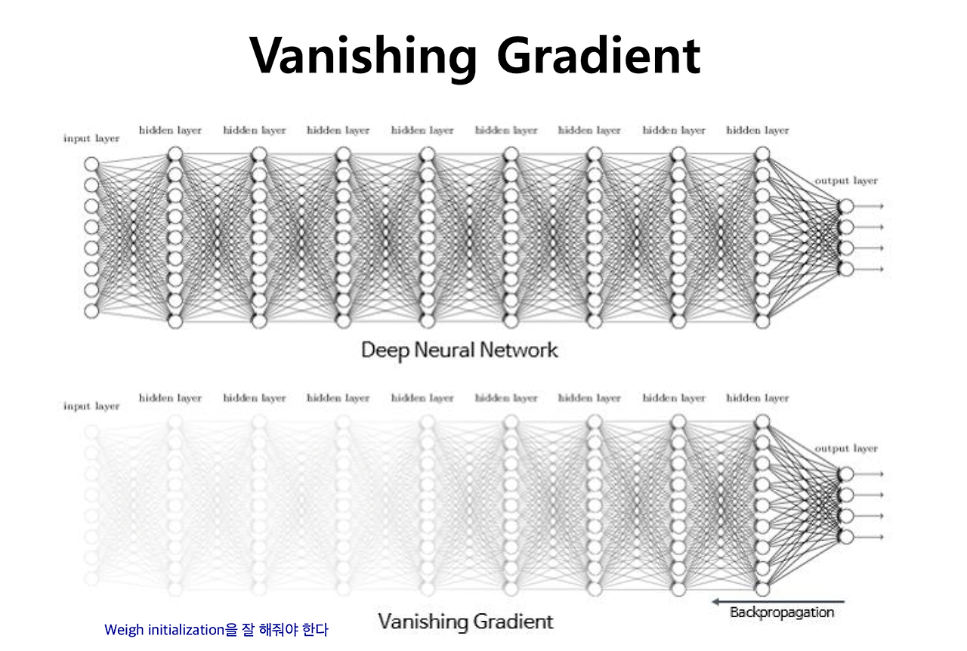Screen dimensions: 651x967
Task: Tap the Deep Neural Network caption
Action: [459, 350]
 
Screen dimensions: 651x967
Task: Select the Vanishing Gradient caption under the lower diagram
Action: [465, 622]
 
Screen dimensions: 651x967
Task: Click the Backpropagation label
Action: [782, 612]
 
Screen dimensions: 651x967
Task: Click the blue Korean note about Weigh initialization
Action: [216, 629]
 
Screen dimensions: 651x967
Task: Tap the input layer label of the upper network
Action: [92, 139]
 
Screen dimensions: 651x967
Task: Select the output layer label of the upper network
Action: [846, 181]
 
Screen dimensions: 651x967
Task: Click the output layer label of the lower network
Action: [846, 449]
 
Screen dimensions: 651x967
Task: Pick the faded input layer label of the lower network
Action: [92, 406]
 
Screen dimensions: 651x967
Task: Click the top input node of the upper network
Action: [92, 164]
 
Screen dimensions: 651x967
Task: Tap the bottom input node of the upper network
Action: [92, 311]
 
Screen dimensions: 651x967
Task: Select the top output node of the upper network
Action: [846, 206]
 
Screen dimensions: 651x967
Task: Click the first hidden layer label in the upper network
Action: [171, 131]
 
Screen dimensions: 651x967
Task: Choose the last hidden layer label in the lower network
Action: [758, 398]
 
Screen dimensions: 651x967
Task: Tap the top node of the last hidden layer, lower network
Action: [762, 421]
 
